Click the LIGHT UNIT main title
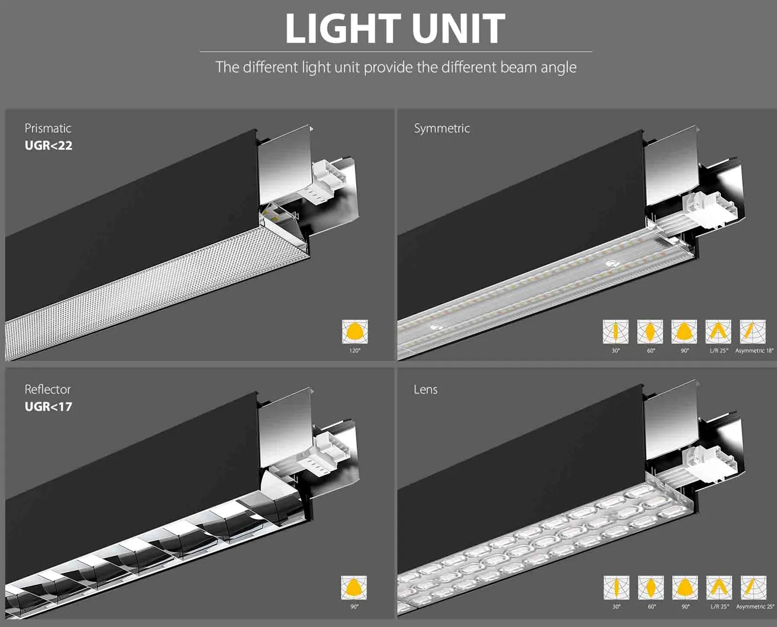coord(395,28)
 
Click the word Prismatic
coord(48,129)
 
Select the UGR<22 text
coord(48,146)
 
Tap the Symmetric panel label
coord(441,129)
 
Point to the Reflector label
coord(48,390)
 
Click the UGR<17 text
coord(48,407)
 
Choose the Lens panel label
coord(425,390)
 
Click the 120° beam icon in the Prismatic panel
coord(355,332)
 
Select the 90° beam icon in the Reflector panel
coord(354,588)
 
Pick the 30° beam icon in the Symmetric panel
coord(616,332)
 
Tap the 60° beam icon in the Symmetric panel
coord(650,332)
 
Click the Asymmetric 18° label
coord(754,350)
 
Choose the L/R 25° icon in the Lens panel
coord(719,588)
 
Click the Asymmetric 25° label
coord(755,607)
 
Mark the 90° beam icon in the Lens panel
coord(685,588)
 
